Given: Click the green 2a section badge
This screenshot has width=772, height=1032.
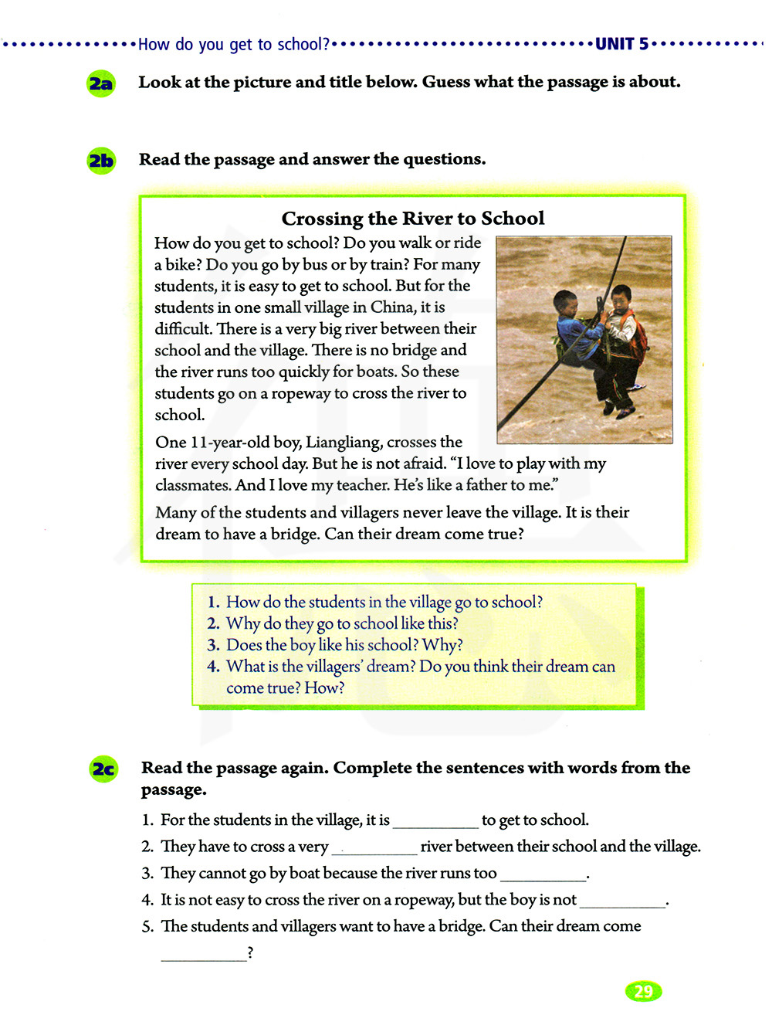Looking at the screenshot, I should [x=101, y=83].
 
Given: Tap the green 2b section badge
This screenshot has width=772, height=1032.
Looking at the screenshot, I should [x=101, y=161].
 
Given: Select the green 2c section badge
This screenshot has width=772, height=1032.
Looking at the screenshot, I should [x=103, y=769].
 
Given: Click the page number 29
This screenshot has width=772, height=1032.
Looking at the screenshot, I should [x=643, y=992].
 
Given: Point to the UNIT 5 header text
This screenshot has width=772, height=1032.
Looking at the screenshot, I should [x=622, y=44].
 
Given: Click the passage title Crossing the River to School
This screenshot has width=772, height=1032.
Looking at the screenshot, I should [x=413, y=219].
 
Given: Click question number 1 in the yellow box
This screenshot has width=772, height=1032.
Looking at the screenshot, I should [x=214, y=603].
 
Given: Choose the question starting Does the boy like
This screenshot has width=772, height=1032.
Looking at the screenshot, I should [x=344, y=645].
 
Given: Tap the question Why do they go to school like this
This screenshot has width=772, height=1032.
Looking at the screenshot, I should [x=342, y=623].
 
